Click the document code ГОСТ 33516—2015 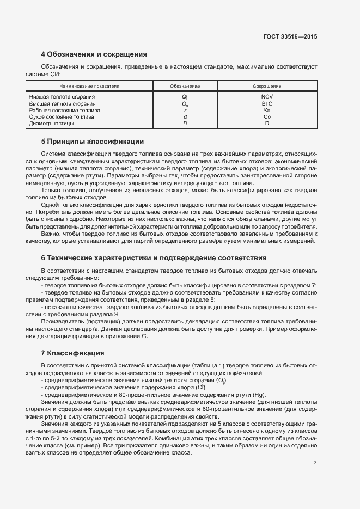(290, 37)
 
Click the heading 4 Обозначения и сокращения (94, 54)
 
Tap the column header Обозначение (185, 86)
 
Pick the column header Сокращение (267, 86)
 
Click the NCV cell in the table (267, 96)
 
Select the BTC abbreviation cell (267, 103)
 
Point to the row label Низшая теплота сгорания (62, 96)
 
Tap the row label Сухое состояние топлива (62, 117)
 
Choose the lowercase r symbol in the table (185, 110)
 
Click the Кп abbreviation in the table (267, 110)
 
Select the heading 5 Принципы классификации (93, 142)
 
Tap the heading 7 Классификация (72, 353)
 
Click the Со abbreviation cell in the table (267, 117)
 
